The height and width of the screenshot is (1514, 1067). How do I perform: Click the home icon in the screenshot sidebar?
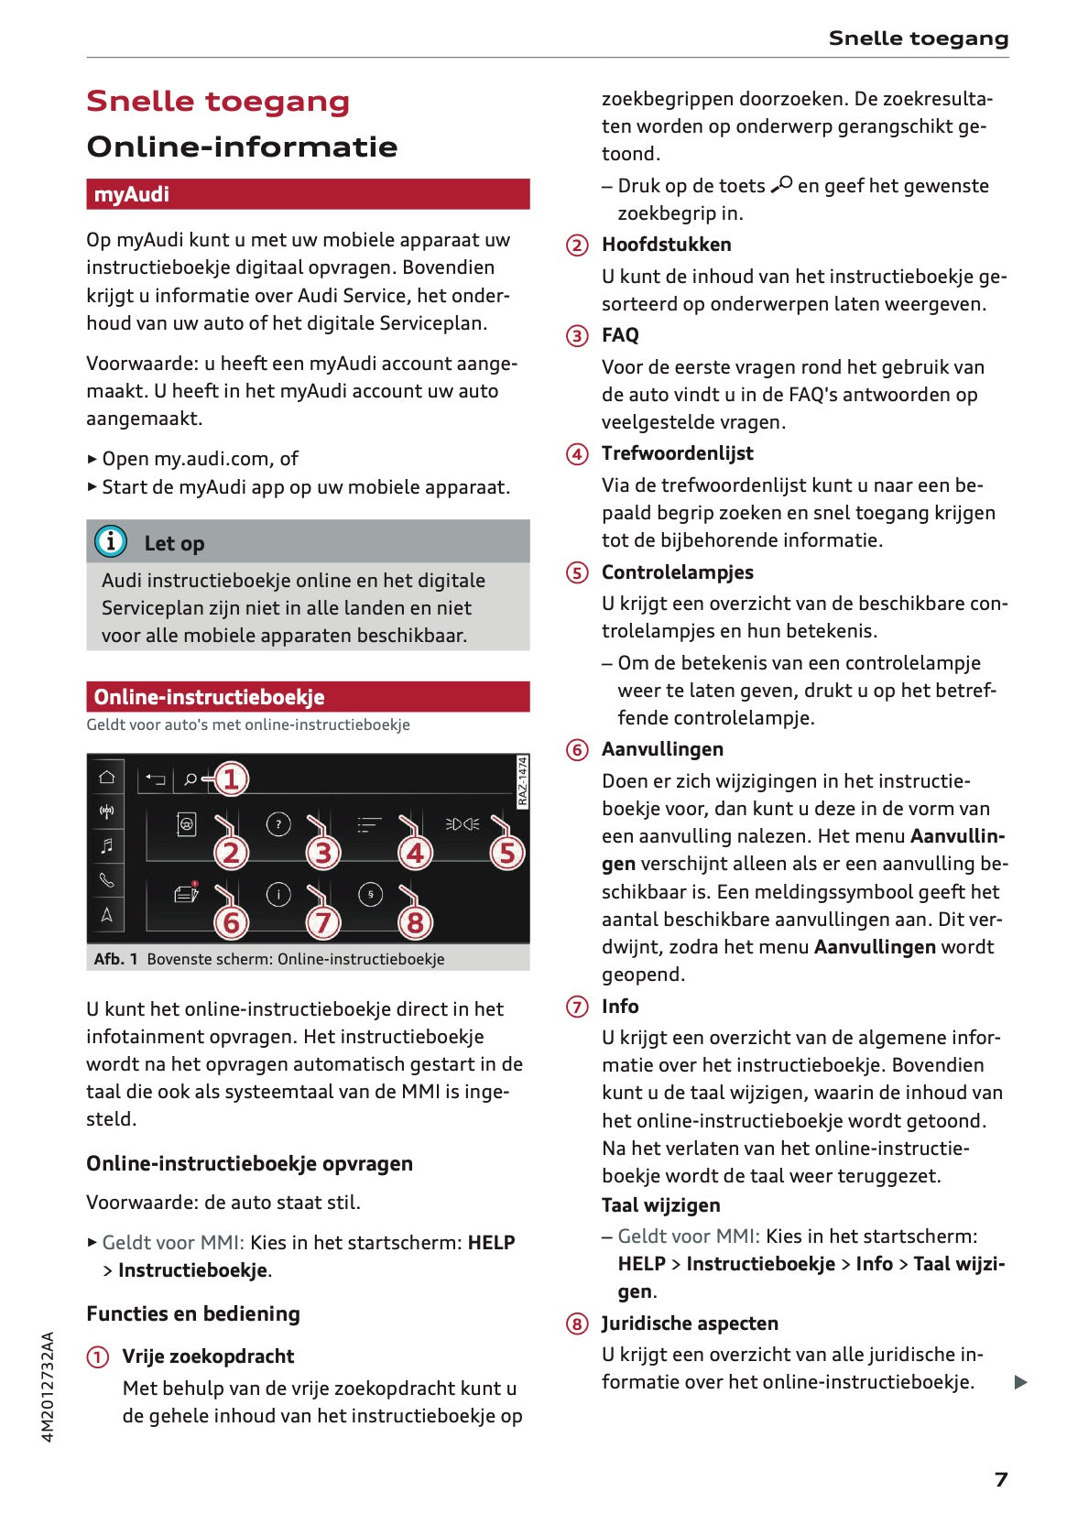pyautogui.click(x=107, y=778)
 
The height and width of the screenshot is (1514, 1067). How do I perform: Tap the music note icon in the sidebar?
pyautogui.click(x=107, y=845)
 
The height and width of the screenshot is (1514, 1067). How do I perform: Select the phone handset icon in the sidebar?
pyautogui.click(x=107, y=880)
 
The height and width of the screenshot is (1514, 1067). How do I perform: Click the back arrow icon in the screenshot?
pyautogui.click(x=156, y=779)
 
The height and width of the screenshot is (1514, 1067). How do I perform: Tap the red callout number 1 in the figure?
pyautogui.click(x=231, y=779)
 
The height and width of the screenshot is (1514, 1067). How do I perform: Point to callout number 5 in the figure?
pyautogui.click(x=506, y=853)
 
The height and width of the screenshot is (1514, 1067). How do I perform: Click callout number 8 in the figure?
pyautogui.click(x=415, y=922)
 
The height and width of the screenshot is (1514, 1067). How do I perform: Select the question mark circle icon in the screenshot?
pyautogui.click(x=278, y=824)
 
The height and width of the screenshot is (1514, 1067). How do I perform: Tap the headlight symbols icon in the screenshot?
pyautogui.click(x=463, y=824)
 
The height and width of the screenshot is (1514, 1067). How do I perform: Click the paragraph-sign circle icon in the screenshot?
pyautogui.click(x=370, y=894)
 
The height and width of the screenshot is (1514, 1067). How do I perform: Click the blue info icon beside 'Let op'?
pyautogui.click(x=111, y=541)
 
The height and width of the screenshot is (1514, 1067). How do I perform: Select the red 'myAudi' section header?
pyautogui.click(x=308, y=194)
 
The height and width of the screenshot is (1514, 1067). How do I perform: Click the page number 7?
pyautogui.click(x=1001, y=1479)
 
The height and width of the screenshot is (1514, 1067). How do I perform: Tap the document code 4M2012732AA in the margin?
pyautogui.click(x=49, y=1386)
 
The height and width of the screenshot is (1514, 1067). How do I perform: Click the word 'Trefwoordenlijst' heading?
pyautogui.click(x=677, y=453)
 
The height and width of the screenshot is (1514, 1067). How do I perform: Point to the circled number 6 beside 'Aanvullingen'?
pyautogui.click(x=577, y=750)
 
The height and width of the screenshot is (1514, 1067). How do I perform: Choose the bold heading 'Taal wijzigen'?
pyautogui.click(x=660, y=1205)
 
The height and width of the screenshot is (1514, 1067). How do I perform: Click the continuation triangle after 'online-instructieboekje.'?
pyautogui.click(x=1021, y=1382)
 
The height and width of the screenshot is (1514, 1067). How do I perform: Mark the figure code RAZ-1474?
pyautogui.click(x=523, y=781)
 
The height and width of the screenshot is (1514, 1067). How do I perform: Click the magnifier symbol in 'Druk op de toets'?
pyautogui.click(x=781, y=185)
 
